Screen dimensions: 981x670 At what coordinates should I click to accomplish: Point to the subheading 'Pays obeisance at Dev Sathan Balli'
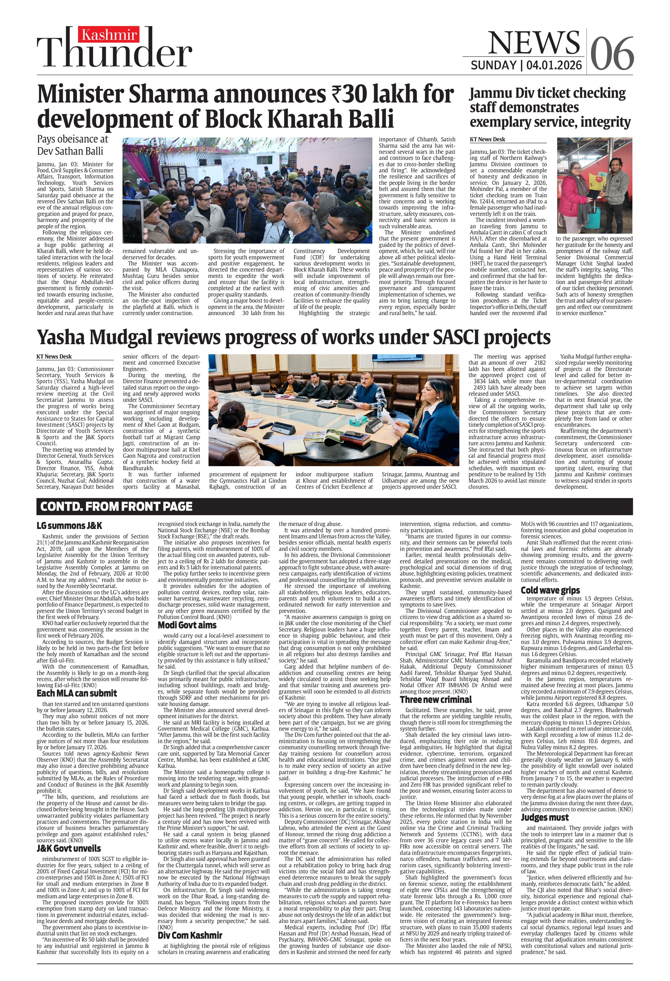(73, 145)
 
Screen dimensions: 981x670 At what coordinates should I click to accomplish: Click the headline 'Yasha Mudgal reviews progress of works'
(293, 337)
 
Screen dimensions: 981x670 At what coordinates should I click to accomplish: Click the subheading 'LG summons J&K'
(69, 526)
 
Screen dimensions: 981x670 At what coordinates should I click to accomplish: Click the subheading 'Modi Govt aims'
(187, 625)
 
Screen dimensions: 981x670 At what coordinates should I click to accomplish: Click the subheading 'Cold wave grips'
(550, 590)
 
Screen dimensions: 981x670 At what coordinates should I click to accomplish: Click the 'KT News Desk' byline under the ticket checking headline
(487, 139)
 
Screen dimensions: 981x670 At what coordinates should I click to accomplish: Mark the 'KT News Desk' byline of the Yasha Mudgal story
(54, 357)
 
